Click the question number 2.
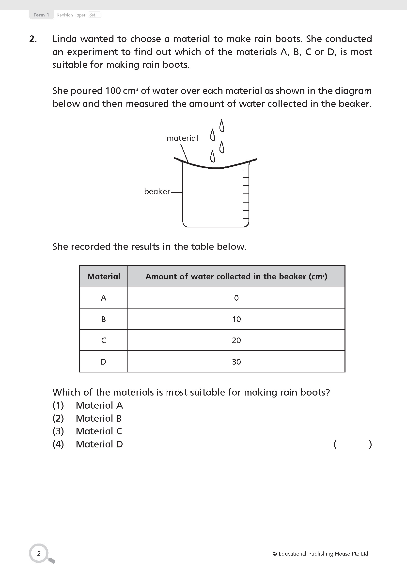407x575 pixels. click(33, 39)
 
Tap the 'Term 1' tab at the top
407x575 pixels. click(41, 15)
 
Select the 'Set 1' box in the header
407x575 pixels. click(94, 15)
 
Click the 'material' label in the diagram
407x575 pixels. click(182, 138)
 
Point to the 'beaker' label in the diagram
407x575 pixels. click(157, 191)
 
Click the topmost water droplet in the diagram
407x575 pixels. click(221, 126)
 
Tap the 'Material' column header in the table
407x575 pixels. click(104, 276)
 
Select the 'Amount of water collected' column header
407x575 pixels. click(236, 276)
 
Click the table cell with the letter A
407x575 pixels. click(104, 298)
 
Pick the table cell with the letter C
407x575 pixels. click(104, 340)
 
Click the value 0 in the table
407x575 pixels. click(236, 298)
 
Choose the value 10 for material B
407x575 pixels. click(236, 319)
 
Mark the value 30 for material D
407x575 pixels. click(236, 362)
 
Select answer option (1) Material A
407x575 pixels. click(88, 405)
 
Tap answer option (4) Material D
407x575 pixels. click(88, 444)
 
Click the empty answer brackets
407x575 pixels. click(353, 444)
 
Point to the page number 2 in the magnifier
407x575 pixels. click(39, 553)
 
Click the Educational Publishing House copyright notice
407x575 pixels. click(320, 553)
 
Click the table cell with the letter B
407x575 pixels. click(104, 319)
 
